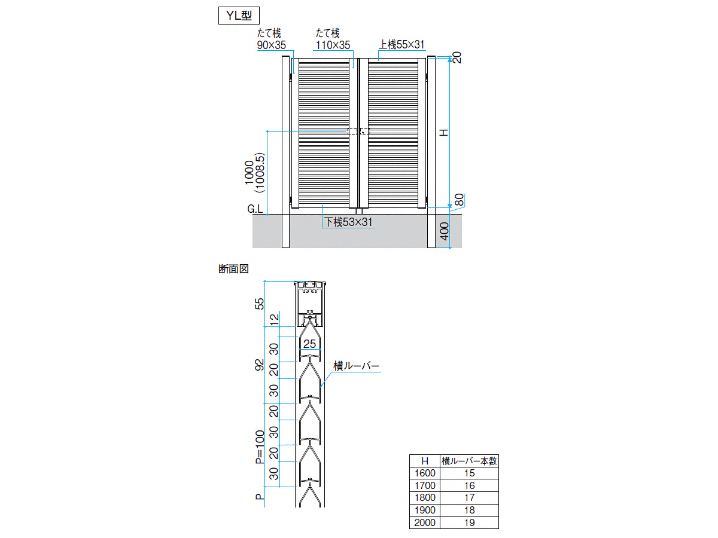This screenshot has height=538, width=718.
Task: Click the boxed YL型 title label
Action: point(239,16)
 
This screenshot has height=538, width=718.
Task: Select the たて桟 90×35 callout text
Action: point(271,39)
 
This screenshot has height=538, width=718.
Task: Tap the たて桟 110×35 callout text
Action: point(333,39)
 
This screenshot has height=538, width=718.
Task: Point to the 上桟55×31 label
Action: point(401,44)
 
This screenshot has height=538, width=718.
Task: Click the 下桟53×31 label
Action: point(348,222)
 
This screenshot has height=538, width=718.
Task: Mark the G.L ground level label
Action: point(255,209)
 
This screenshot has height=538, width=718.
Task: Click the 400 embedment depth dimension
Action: point(444,231)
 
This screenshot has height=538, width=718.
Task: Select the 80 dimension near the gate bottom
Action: point(460,200)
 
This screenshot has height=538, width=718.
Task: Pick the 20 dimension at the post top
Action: point(457,57)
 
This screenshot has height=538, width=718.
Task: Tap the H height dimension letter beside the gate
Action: point(443,133)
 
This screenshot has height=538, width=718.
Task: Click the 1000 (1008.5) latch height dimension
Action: point(254,173)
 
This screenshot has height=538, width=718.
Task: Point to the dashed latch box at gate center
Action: point(358,131)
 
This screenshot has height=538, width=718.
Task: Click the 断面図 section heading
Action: point(233,269)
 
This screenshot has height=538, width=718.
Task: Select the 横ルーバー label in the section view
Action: point(356,366)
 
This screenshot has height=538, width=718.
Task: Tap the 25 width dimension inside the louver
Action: point(309,344)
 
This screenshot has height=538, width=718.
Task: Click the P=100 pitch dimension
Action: point(260,447)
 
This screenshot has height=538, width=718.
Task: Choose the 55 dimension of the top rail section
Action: point(260,304)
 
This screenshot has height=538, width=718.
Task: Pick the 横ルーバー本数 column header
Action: point(469,461)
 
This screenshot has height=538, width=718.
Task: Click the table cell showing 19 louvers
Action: point(470,522)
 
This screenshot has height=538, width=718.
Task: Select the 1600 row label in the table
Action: point(425,473)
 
